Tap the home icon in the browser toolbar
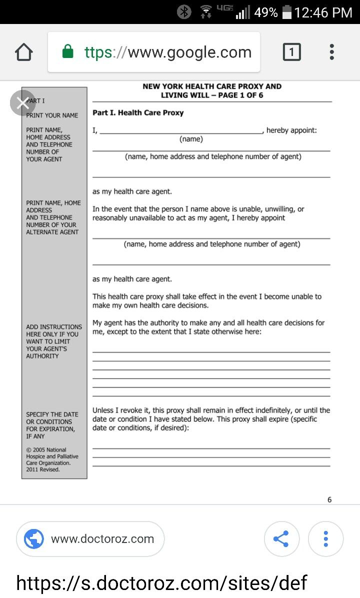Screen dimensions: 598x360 24,52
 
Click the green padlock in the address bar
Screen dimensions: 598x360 68,52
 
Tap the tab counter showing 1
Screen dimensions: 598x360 292,52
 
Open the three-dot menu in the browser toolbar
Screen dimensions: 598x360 331,52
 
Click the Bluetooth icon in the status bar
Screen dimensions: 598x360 184,12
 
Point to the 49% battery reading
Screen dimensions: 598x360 265,12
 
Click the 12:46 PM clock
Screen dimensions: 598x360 323,12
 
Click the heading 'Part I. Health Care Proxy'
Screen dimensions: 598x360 138,113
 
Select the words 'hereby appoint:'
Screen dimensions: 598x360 291,130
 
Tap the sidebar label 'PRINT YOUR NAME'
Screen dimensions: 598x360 52,115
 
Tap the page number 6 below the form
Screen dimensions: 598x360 329,499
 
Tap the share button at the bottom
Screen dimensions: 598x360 281,539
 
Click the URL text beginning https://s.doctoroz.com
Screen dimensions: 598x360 161,583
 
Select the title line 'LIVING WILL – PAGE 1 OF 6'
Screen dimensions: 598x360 212,95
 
